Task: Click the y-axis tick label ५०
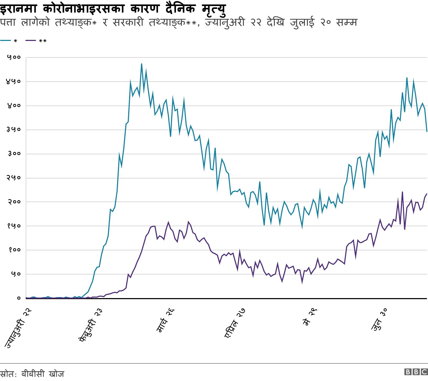pos(15,274)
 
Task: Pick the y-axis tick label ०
pos(19,298)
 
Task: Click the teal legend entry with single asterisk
pos(9,41)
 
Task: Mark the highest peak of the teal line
pos(142,64)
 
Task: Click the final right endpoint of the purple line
pos(427,194)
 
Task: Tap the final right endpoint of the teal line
pos(427,131)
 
